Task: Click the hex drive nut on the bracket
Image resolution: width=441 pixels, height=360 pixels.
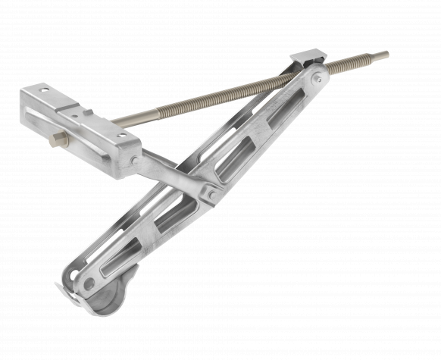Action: click(x=58, y=140)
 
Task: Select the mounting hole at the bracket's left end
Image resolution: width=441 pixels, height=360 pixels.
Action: click(x=44, y=90)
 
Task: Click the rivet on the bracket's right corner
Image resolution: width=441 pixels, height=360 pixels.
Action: click(x=133, y=160)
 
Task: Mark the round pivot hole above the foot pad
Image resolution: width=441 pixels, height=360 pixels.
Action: click(x=89, y=283)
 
